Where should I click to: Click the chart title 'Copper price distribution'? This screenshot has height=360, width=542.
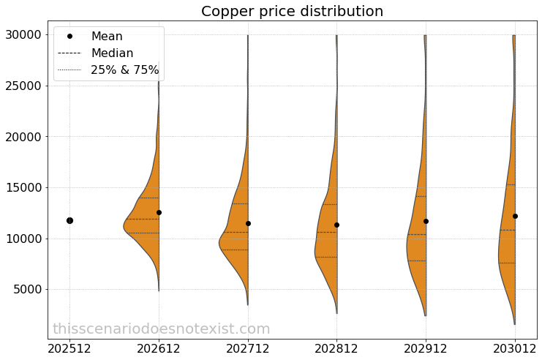(x=292, y=12)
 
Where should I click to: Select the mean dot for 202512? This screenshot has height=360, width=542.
(x=69, y=220)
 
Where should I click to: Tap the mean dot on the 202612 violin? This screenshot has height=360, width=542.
(x=159, y=212)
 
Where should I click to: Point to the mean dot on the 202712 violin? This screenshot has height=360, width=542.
(x=248, y=223)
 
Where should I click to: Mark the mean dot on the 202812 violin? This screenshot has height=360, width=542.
(x=336, y=225)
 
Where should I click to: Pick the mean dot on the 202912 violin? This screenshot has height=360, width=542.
(x=426, y=221)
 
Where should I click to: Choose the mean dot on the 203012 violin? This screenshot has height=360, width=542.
(x=515, y=216)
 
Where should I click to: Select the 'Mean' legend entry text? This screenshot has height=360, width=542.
(x=107, y=36)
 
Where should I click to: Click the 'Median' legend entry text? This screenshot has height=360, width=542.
(x=112, y=53)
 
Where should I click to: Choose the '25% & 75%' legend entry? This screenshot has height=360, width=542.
(x=124, y=70)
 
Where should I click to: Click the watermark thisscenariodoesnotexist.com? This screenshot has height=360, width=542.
(x=161, y=329)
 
